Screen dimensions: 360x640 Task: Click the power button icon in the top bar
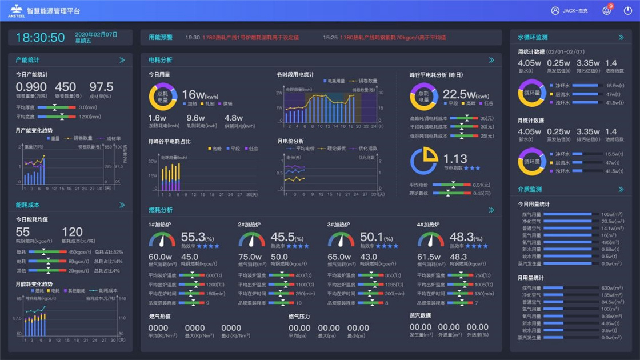(x=627, y=11)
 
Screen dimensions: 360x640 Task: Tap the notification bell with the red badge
(x=606, y=11)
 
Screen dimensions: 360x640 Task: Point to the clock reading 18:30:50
(x=40, y=38)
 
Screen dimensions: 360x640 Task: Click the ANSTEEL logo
(x=15, y=10)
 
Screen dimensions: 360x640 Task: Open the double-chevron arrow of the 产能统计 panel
(x=122, y=60)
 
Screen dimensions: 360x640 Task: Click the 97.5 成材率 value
(x=101, y=87)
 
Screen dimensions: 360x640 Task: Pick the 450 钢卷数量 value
(x=65, y=87)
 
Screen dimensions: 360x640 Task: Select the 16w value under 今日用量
(x=193, y=95)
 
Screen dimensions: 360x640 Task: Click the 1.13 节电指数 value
(x=455, y=159)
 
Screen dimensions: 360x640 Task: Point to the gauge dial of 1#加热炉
(x=162, y=239)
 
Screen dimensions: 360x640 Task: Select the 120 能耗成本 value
(x=72, y=232)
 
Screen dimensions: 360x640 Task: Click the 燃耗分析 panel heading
(x=161, y=210)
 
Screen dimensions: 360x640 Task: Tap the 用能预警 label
(x=161, y=38)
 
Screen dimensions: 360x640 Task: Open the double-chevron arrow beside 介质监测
(x=621, y=190)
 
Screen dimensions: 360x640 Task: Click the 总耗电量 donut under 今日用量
(x=163, y=97)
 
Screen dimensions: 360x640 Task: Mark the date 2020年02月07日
(x=96, y=34)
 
